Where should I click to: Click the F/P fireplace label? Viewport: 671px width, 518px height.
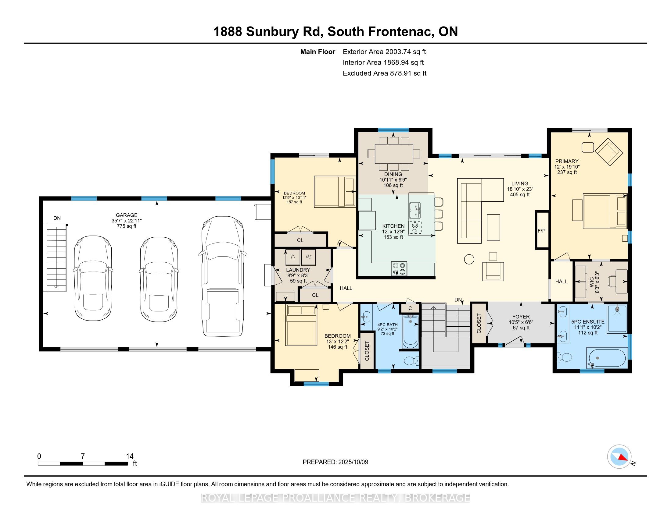pyautogui.click(x=541, y=230)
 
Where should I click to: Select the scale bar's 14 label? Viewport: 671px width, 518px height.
pyautogui.click(x=130, y=456)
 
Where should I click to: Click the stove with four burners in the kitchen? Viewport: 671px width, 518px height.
pyautogui.click(x=399, y=269)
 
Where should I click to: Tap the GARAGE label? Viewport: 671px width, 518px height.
pyautogui.click(x=127, y=215)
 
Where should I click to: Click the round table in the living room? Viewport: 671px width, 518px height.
pyautogui.click(x=469, y=259)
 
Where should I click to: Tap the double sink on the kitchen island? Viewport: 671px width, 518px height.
pyautogui.click(x=415, y=209)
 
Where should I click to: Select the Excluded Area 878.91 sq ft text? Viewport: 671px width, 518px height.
pyautogui.click(x=384, y=73)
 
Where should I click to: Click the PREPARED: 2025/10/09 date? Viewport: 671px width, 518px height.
pyautogui.click(x=335, y=462)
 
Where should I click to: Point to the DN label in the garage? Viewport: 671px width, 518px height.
pyautogui.click(x=57, y=218)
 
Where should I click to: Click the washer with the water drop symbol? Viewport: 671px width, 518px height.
pyautogui.click(x=293, y=257)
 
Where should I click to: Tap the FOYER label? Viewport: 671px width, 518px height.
pyautogui.click(x=521, y=317)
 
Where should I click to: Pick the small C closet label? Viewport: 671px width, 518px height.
pyautogui.click(x=410, y=308)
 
